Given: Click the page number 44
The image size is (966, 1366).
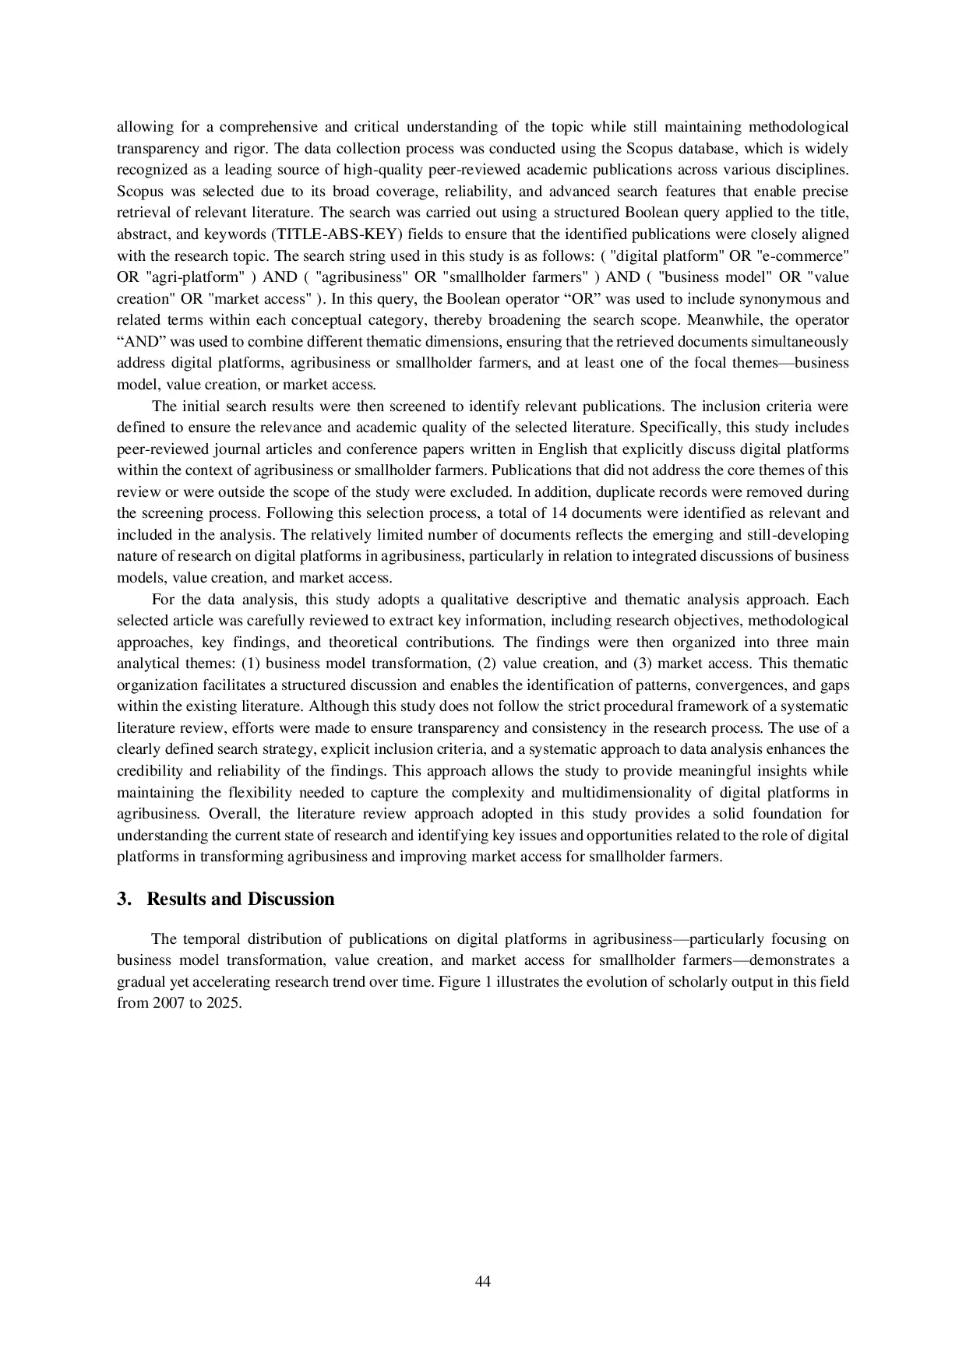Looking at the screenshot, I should [482, 1281].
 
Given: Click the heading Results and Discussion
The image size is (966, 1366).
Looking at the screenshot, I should [240, 899].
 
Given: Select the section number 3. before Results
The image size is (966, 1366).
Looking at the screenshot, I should [123, 899].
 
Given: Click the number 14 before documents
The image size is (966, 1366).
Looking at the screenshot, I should [559, 513].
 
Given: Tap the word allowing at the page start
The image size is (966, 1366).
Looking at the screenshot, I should [143, 127].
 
